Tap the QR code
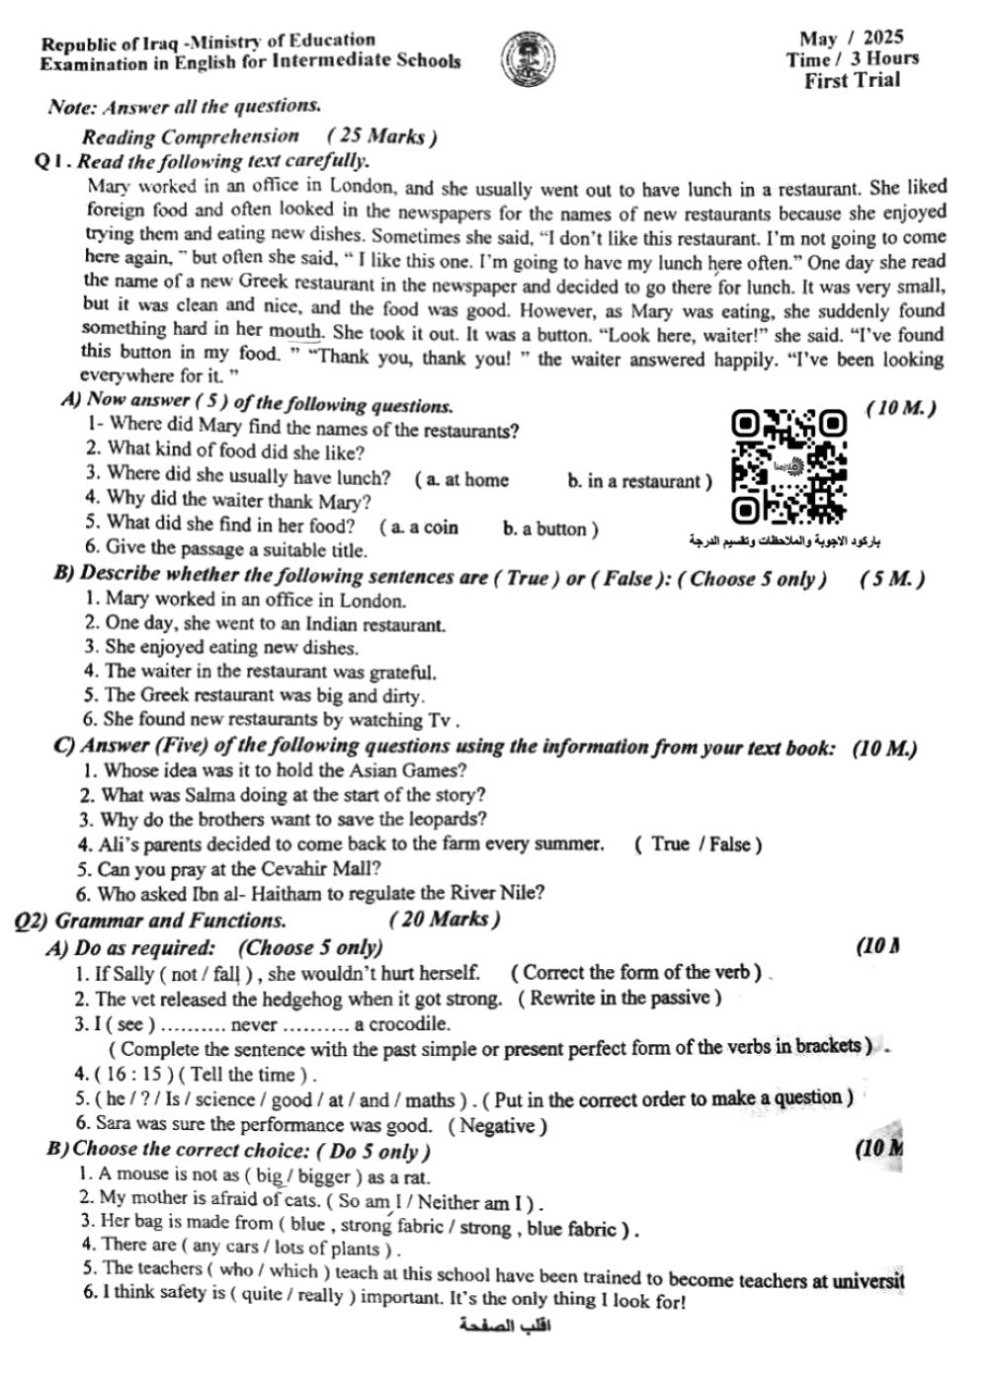click(x=789, y=466)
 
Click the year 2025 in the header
click(x=882, y=38)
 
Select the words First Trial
click(x=852, y=81)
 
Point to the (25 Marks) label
click(x=381, y=136)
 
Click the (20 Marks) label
click(x=445, y=920)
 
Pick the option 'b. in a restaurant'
click(x=638, y=481)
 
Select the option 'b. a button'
click(x=549, y=528)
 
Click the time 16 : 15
click(x=132, y=1075)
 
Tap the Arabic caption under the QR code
click(x=785, y=540)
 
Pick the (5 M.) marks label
click(x=892, y=579)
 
